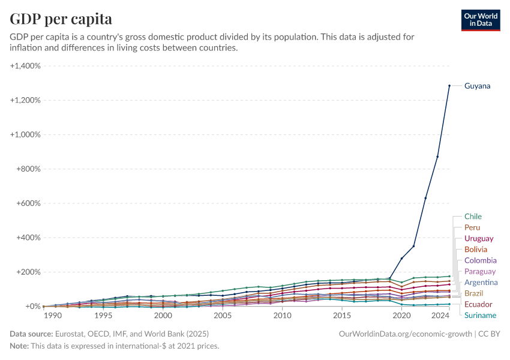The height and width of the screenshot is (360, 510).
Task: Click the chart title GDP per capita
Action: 61,19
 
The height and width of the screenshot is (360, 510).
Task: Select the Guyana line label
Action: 477,86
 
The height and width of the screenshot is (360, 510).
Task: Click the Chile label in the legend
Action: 473,217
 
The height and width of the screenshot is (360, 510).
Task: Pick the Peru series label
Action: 472,228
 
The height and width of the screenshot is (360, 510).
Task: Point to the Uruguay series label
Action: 479,239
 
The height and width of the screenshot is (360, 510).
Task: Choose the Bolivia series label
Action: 476,250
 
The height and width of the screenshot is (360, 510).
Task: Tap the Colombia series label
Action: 481,260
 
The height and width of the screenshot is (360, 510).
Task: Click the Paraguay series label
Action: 480,272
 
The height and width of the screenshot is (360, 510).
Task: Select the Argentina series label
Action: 481,283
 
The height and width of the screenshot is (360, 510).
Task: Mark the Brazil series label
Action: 473,293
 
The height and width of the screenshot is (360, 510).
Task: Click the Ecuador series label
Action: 478,305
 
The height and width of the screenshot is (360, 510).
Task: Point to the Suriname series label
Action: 480,316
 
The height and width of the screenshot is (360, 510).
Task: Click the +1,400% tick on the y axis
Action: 25,66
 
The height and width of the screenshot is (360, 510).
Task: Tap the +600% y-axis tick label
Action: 27,203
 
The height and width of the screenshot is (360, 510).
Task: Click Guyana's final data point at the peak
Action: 449,86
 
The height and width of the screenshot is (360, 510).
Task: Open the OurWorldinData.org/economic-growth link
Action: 406,334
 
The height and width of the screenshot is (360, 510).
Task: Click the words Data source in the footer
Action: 31,334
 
